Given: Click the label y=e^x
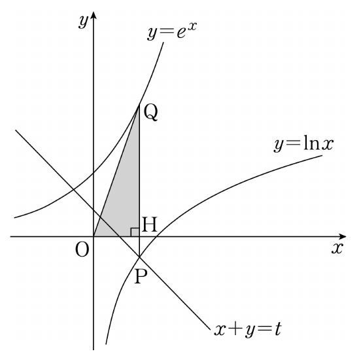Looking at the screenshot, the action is tap(172, 31).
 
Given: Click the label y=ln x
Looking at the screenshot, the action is tap(303, 145).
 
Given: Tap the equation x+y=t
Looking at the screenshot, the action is tap(248, 330).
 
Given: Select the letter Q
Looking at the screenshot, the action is tap(151, 113).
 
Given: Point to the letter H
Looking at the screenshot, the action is tap(149, 225).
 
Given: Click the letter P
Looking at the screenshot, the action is tap(141, 277).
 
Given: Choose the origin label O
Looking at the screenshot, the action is tap(82, 250).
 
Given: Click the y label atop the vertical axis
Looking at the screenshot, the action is tap(83, 22).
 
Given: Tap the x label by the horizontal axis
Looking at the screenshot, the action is tap(337, 248).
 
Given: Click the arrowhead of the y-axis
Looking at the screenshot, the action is tap(94, 15).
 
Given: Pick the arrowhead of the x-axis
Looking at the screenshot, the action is tap(343, 236).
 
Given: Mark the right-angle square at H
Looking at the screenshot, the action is tap(135, 232).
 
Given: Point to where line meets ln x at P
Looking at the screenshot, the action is tap(139, 257).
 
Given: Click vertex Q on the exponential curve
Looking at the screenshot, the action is tap(139, 105).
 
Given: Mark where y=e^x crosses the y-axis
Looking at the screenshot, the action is tap(94, 173).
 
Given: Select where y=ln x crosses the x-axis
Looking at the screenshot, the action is tap(157, 236).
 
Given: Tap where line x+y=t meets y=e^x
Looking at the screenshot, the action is tap(73, 189).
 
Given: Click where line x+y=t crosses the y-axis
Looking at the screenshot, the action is tap(94, 209).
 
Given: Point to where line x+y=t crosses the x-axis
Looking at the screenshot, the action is tap(120, 236).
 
